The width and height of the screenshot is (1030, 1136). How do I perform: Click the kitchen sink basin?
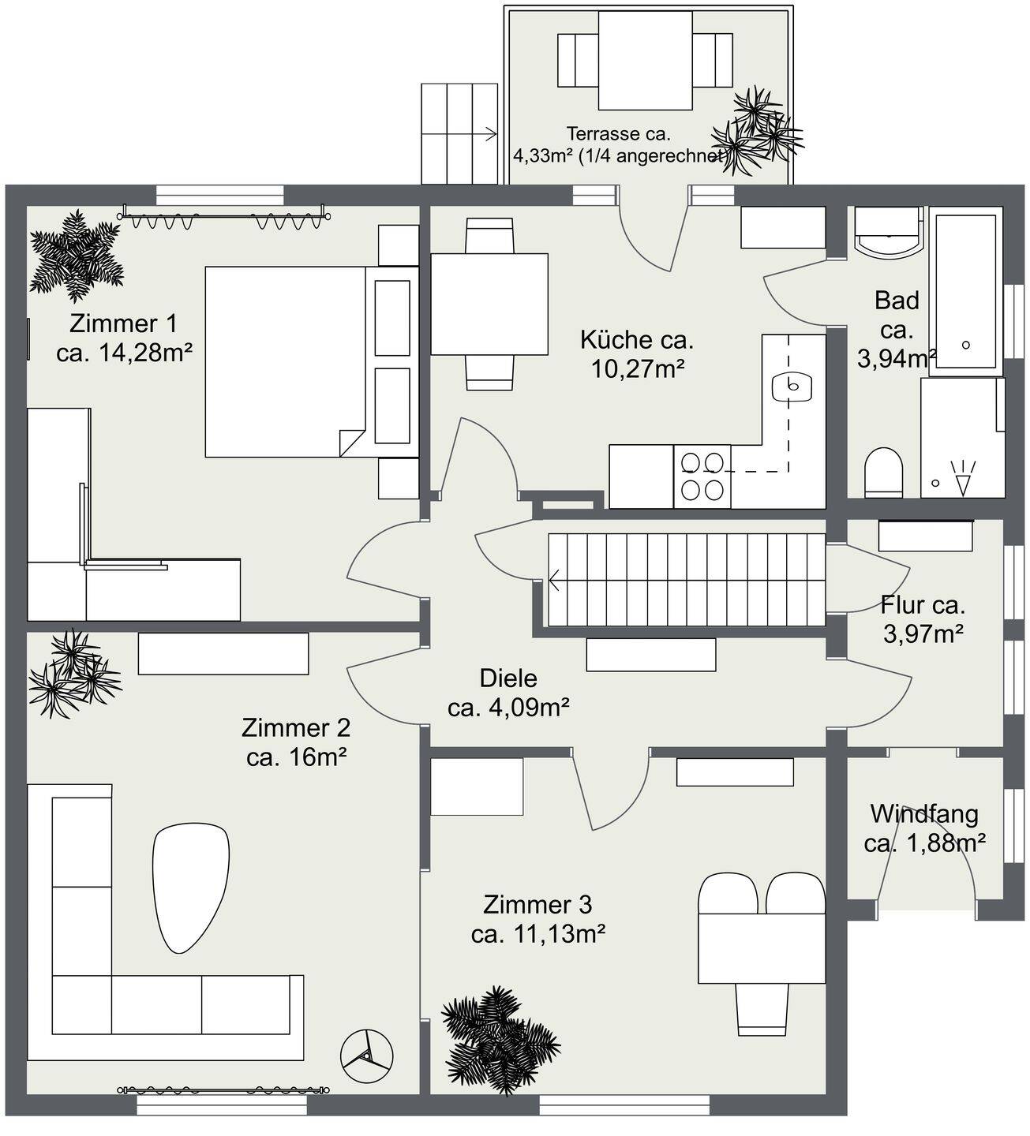[x=792, y=386]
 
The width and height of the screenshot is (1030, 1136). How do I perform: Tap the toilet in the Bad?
[x=884, y=473]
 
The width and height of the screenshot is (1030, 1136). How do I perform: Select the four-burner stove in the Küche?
[x=702, y=476]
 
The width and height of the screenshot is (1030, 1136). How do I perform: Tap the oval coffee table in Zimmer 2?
[x=191, y=888]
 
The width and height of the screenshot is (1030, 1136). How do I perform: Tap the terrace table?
[x=646, y=61]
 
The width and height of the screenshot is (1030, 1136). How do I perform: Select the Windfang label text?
[x=924, y=814]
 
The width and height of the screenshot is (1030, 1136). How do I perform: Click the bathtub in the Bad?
[x=966, y=291]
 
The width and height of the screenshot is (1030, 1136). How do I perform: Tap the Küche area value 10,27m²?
[x=638, y=369]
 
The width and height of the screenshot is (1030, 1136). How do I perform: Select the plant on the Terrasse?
[x=758, y=131]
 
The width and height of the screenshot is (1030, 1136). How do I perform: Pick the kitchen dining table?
[x=489, y=304]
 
